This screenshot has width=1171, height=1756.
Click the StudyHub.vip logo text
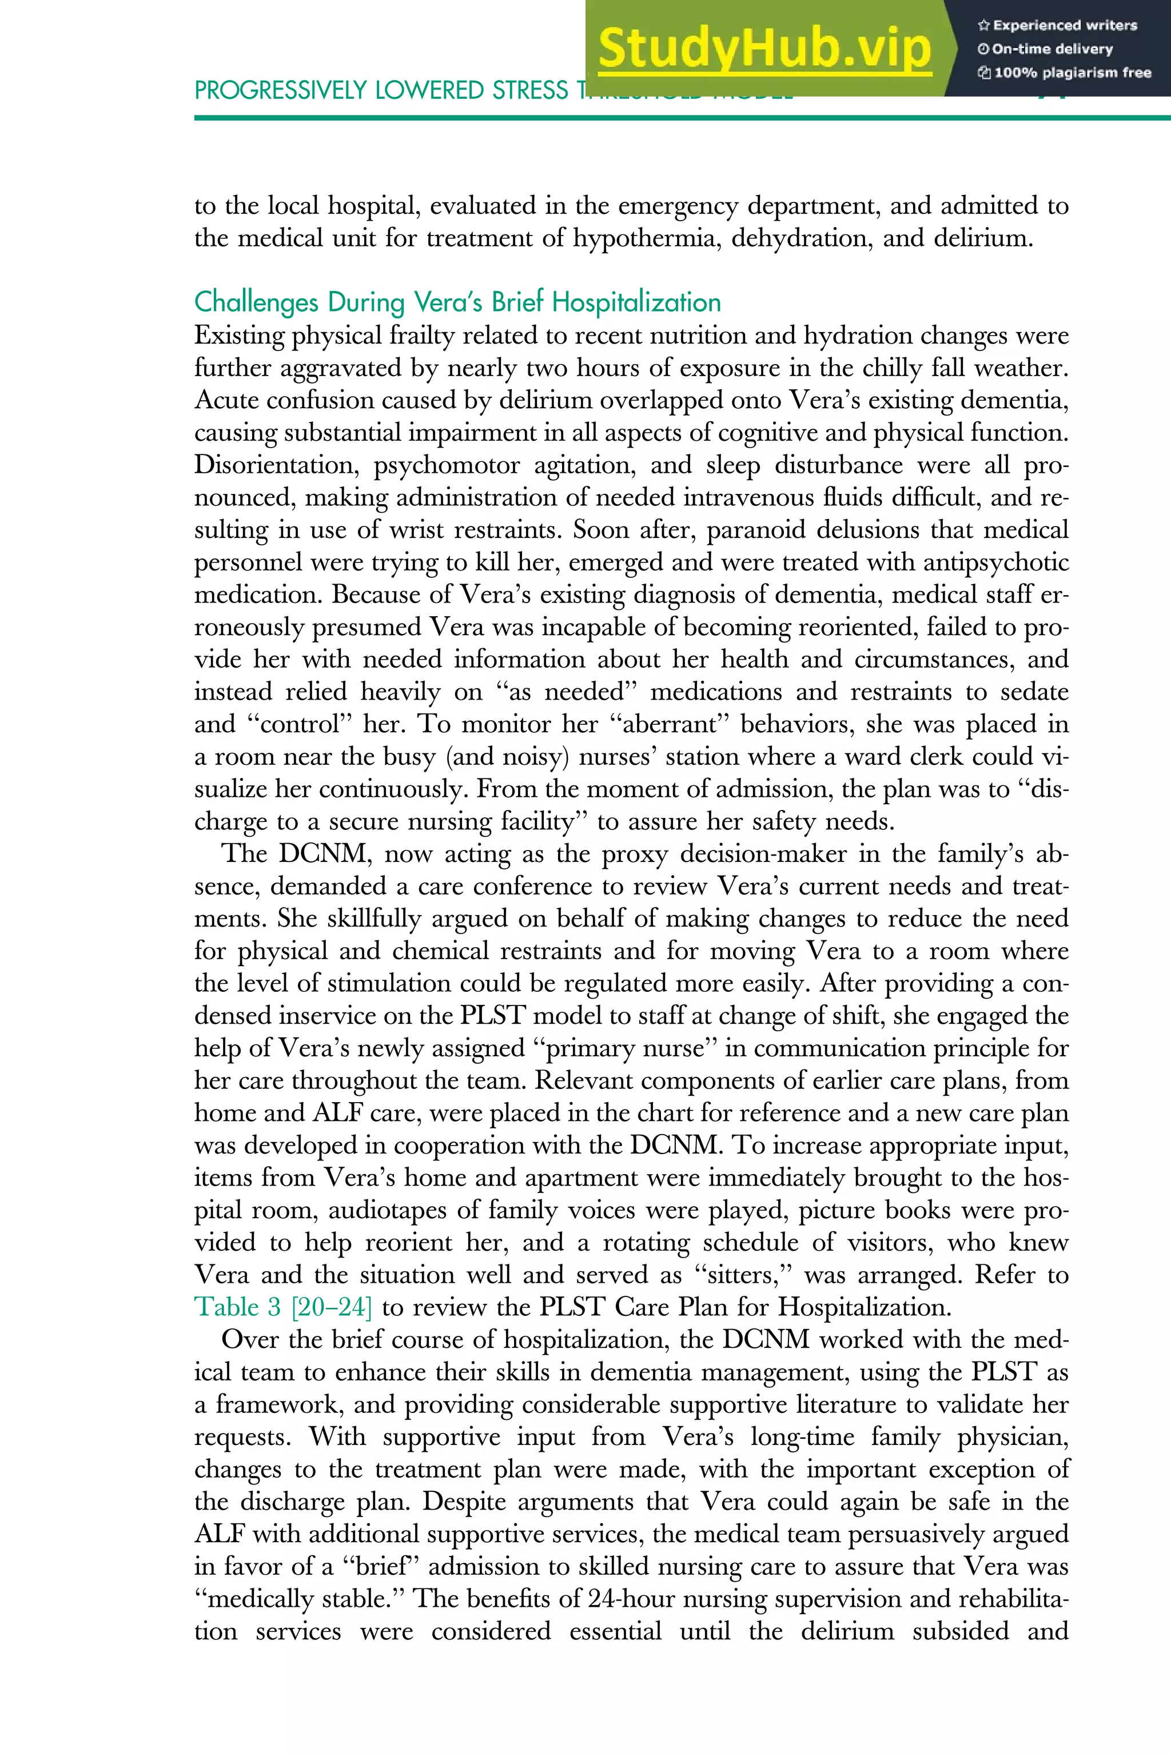click(764, 49)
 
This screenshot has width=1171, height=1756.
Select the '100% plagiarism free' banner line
click(1064, 73)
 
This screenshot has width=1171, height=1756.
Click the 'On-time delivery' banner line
click(1046, 49)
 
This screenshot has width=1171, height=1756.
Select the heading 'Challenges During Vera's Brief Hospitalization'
click(457, 302)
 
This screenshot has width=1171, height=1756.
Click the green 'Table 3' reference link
click(237, 1307)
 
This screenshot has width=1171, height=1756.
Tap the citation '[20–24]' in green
click(332, 1307)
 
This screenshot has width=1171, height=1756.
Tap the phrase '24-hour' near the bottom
click(632, 1598)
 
